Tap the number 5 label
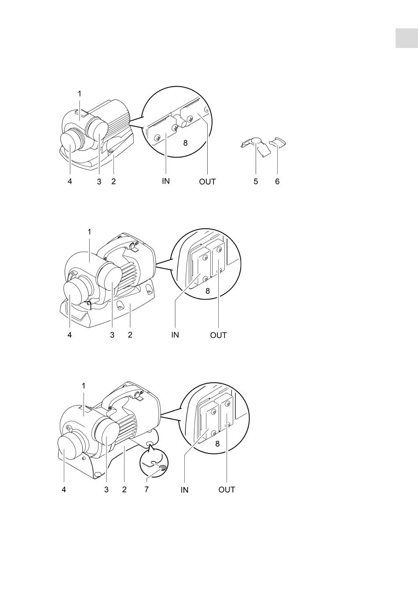[x=256, y=182]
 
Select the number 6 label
[x=277, y=182]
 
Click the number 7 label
[x=147, y=490]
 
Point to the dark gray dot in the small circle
[x=162, y=468]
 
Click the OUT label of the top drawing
[x=208, y=182]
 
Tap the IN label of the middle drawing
[x=175, y=335]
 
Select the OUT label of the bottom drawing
[x=227, y=490]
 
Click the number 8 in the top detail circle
[x=185, y=143]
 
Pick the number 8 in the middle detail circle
[x=208, y=291]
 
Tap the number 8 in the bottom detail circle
[x=217, y=444]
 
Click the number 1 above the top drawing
[x=80, y=94]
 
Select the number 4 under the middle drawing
[x=70, y=335]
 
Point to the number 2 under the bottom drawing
[x=125, y=490]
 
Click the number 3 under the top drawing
[x=99, y=182]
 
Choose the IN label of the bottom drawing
[x=184, y=490]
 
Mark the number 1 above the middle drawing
[x=89, y=232]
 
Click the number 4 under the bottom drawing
[x=64, y=490]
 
